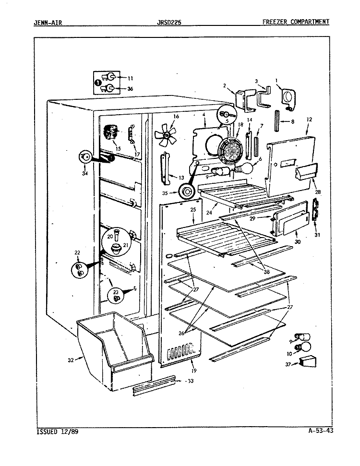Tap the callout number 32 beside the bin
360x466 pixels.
71,360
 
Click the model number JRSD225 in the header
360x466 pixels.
169,22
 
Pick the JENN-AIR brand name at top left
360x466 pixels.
48,22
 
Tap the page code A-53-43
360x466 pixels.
320,430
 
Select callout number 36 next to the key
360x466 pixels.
130,89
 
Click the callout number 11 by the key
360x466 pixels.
130,78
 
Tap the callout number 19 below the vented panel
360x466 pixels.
194,370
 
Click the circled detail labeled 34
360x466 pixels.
85,156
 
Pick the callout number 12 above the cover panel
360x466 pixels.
309,119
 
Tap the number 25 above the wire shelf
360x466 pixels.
193,210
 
